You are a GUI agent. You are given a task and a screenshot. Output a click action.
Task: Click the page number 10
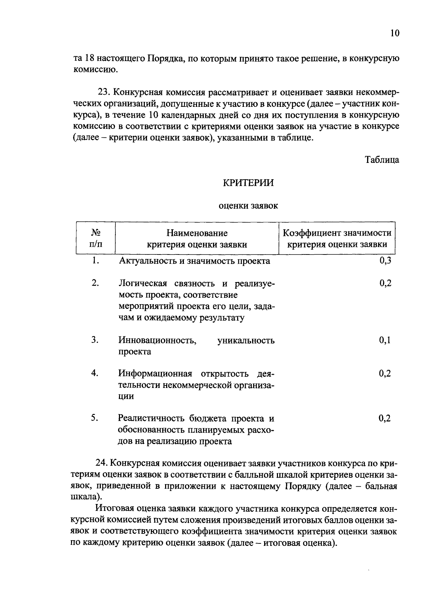coord(395,33)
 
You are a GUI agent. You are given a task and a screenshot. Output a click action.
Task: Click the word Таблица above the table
coord(382,160)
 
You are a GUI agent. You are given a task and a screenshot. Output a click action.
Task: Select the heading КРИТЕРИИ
coord(248,183)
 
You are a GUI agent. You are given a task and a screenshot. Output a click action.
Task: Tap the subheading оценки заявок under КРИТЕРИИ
coord(248,206)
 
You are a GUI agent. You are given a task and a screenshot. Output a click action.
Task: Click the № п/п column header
coord(96,238)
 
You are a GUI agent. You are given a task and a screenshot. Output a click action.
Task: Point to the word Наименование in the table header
coord(197,233)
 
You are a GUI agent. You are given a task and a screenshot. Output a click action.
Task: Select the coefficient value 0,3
coord(385,261)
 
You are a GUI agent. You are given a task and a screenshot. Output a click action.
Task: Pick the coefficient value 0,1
coord(385,340)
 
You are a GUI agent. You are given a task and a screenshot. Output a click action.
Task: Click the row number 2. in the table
coord(95,283)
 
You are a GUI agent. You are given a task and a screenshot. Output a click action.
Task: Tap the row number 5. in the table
coord(94,418)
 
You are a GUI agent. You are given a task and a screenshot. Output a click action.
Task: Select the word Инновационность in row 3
coord(158,341)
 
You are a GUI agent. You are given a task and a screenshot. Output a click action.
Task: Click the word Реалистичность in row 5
coord(152,419)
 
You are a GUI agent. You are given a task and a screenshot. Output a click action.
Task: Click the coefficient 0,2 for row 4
coord(385,373)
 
